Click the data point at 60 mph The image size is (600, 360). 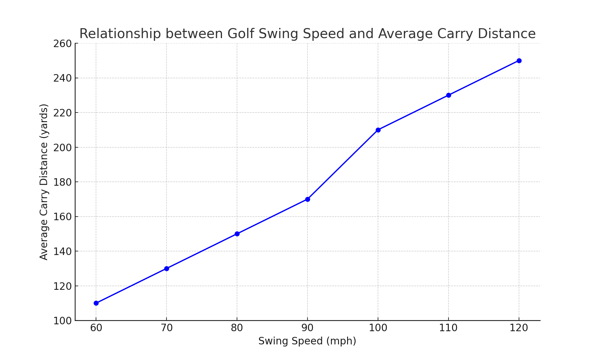tap(96, 303)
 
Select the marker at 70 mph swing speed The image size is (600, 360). tap(166, 268)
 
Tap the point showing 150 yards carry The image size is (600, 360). tap(237, 234)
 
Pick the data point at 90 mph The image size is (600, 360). tap(307, 199)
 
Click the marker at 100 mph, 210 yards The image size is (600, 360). tap(378, 130)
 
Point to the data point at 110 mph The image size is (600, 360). tap(448, 95)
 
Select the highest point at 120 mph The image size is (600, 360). tap(519, 61)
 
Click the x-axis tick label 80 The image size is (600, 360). tap(237, 328)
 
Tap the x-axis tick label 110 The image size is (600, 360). tap(448, 328)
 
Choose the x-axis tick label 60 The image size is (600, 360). tap(96, 328)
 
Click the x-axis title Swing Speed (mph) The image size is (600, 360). tap(307, 341)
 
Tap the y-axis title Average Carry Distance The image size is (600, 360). tap(44, 182)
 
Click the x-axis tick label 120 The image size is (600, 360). tap(519, 328)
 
